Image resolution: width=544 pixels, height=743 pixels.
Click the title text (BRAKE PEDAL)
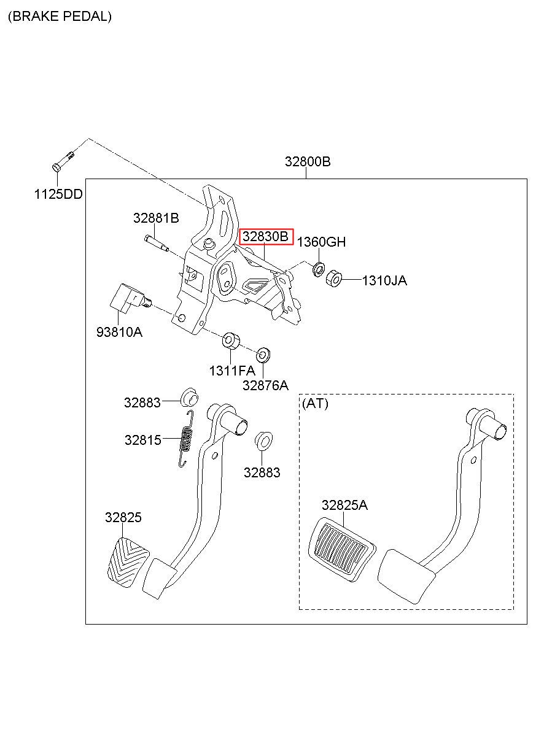point(60,16)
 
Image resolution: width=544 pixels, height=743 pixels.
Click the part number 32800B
point(308,161)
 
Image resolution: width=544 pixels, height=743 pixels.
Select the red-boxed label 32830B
point(266,236)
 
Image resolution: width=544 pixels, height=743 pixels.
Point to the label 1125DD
point(58,194)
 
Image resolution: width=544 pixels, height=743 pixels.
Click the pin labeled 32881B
point(157,243)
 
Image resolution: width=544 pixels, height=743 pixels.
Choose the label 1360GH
point(321,242)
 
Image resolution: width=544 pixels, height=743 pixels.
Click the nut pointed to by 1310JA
point(333,279)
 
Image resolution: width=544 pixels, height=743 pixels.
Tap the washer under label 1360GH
point(319,269)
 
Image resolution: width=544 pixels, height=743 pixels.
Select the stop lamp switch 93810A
point(130,298)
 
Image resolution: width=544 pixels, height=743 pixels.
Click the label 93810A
point(119,332)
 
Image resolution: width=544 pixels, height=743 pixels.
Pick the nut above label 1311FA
point(231,341)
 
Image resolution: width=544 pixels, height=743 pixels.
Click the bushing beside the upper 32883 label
point(190,398)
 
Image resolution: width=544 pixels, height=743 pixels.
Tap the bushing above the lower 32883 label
point(264,442)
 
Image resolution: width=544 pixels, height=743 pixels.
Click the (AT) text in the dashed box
point(315,403)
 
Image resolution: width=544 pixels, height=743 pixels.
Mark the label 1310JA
point(384,280)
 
